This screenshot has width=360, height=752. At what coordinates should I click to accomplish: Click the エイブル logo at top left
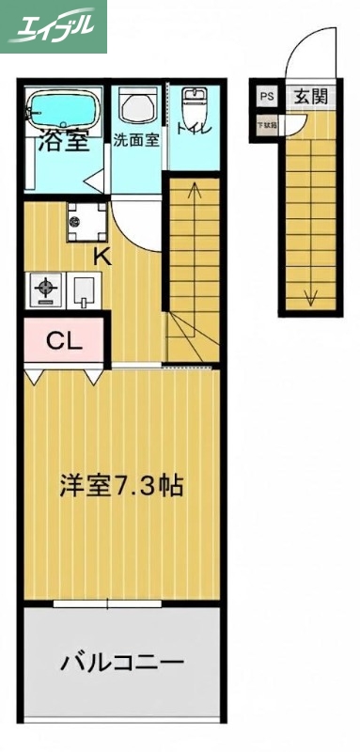[x=54, y=26]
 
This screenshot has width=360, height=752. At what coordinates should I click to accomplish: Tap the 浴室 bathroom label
[x=63, y=143]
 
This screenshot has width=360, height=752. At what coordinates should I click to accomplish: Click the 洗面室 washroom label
[x=137, y=141]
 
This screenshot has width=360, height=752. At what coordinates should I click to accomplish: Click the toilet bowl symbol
[x=193, y=102]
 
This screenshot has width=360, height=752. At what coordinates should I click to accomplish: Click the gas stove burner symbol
[x=44, y=290]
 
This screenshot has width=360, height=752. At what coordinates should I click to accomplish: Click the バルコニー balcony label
[x=121, y=663]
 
